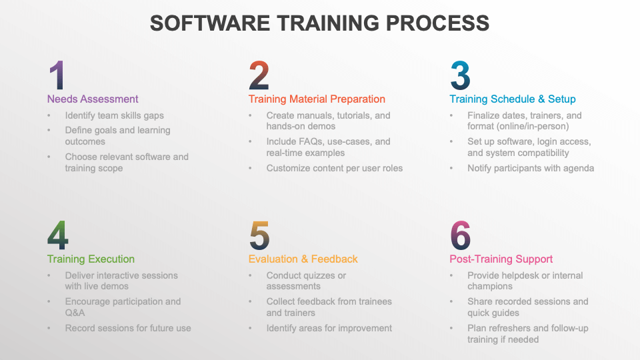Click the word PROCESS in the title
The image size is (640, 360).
(437, 23)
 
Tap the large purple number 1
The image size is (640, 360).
(57, 75)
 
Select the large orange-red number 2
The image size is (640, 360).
(259, 75)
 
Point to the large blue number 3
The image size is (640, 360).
(461, 75)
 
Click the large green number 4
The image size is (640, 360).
(57, 235)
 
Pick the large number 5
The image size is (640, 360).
(259, 235)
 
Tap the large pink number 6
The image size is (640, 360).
(461, 235)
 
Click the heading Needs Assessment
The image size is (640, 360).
(93, 99)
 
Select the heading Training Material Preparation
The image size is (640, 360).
(317, 99)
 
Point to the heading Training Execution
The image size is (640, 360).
(91, 259)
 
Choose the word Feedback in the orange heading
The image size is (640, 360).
(334, 259)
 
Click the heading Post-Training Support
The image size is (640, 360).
(501, 259)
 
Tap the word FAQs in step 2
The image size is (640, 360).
(314, 141)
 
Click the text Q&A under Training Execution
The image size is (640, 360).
(75, 313)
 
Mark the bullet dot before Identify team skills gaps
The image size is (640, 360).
(49, 116)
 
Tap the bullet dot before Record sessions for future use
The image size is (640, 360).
(49, 329)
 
